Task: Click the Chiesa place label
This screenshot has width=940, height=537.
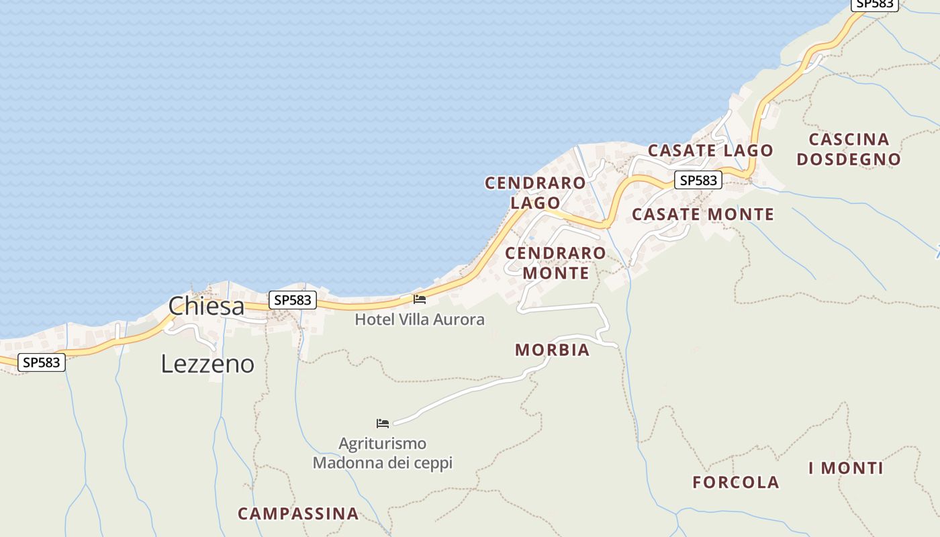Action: coord(206,306)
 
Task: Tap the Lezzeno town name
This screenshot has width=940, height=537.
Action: coord(207,364)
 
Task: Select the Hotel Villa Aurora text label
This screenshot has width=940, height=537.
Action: coord(420,320)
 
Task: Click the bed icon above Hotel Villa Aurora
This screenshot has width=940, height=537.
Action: coord(420,299)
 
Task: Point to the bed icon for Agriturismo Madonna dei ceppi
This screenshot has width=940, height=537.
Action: coord(383,423)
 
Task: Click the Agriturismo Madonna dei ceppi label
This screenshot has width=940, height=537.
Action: coord(383,453)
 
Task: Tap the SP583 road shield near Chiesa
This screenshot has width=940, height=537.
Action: coord(293,300)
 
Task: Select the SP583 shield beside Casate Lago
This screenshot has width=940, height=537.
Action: coord(698,180)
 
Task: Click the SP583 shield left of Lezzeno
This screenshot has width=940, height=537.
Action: coord(42,362)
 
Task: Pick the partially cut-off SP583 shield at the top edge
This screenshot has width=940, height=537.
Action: coord(876,4)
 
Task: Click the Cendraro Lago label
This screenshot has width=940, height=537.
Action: coord(535,193)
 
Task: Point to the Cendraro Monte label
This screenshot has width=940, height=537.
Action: coord(555,263)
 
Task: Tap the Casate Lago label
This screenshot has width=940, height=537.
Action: coord(710,150)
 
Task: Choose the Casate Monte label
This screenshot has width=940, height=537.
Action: coord(703,215)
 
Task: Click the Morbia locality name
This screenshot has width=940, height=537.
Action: coord(552,350)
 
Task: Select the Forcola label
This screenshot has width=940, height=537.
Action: coord(736,482)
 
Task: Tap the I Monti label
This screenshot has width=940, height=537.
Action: coord(846,469)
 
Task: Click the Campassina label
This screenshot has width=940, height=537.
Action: coord(298,514)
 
